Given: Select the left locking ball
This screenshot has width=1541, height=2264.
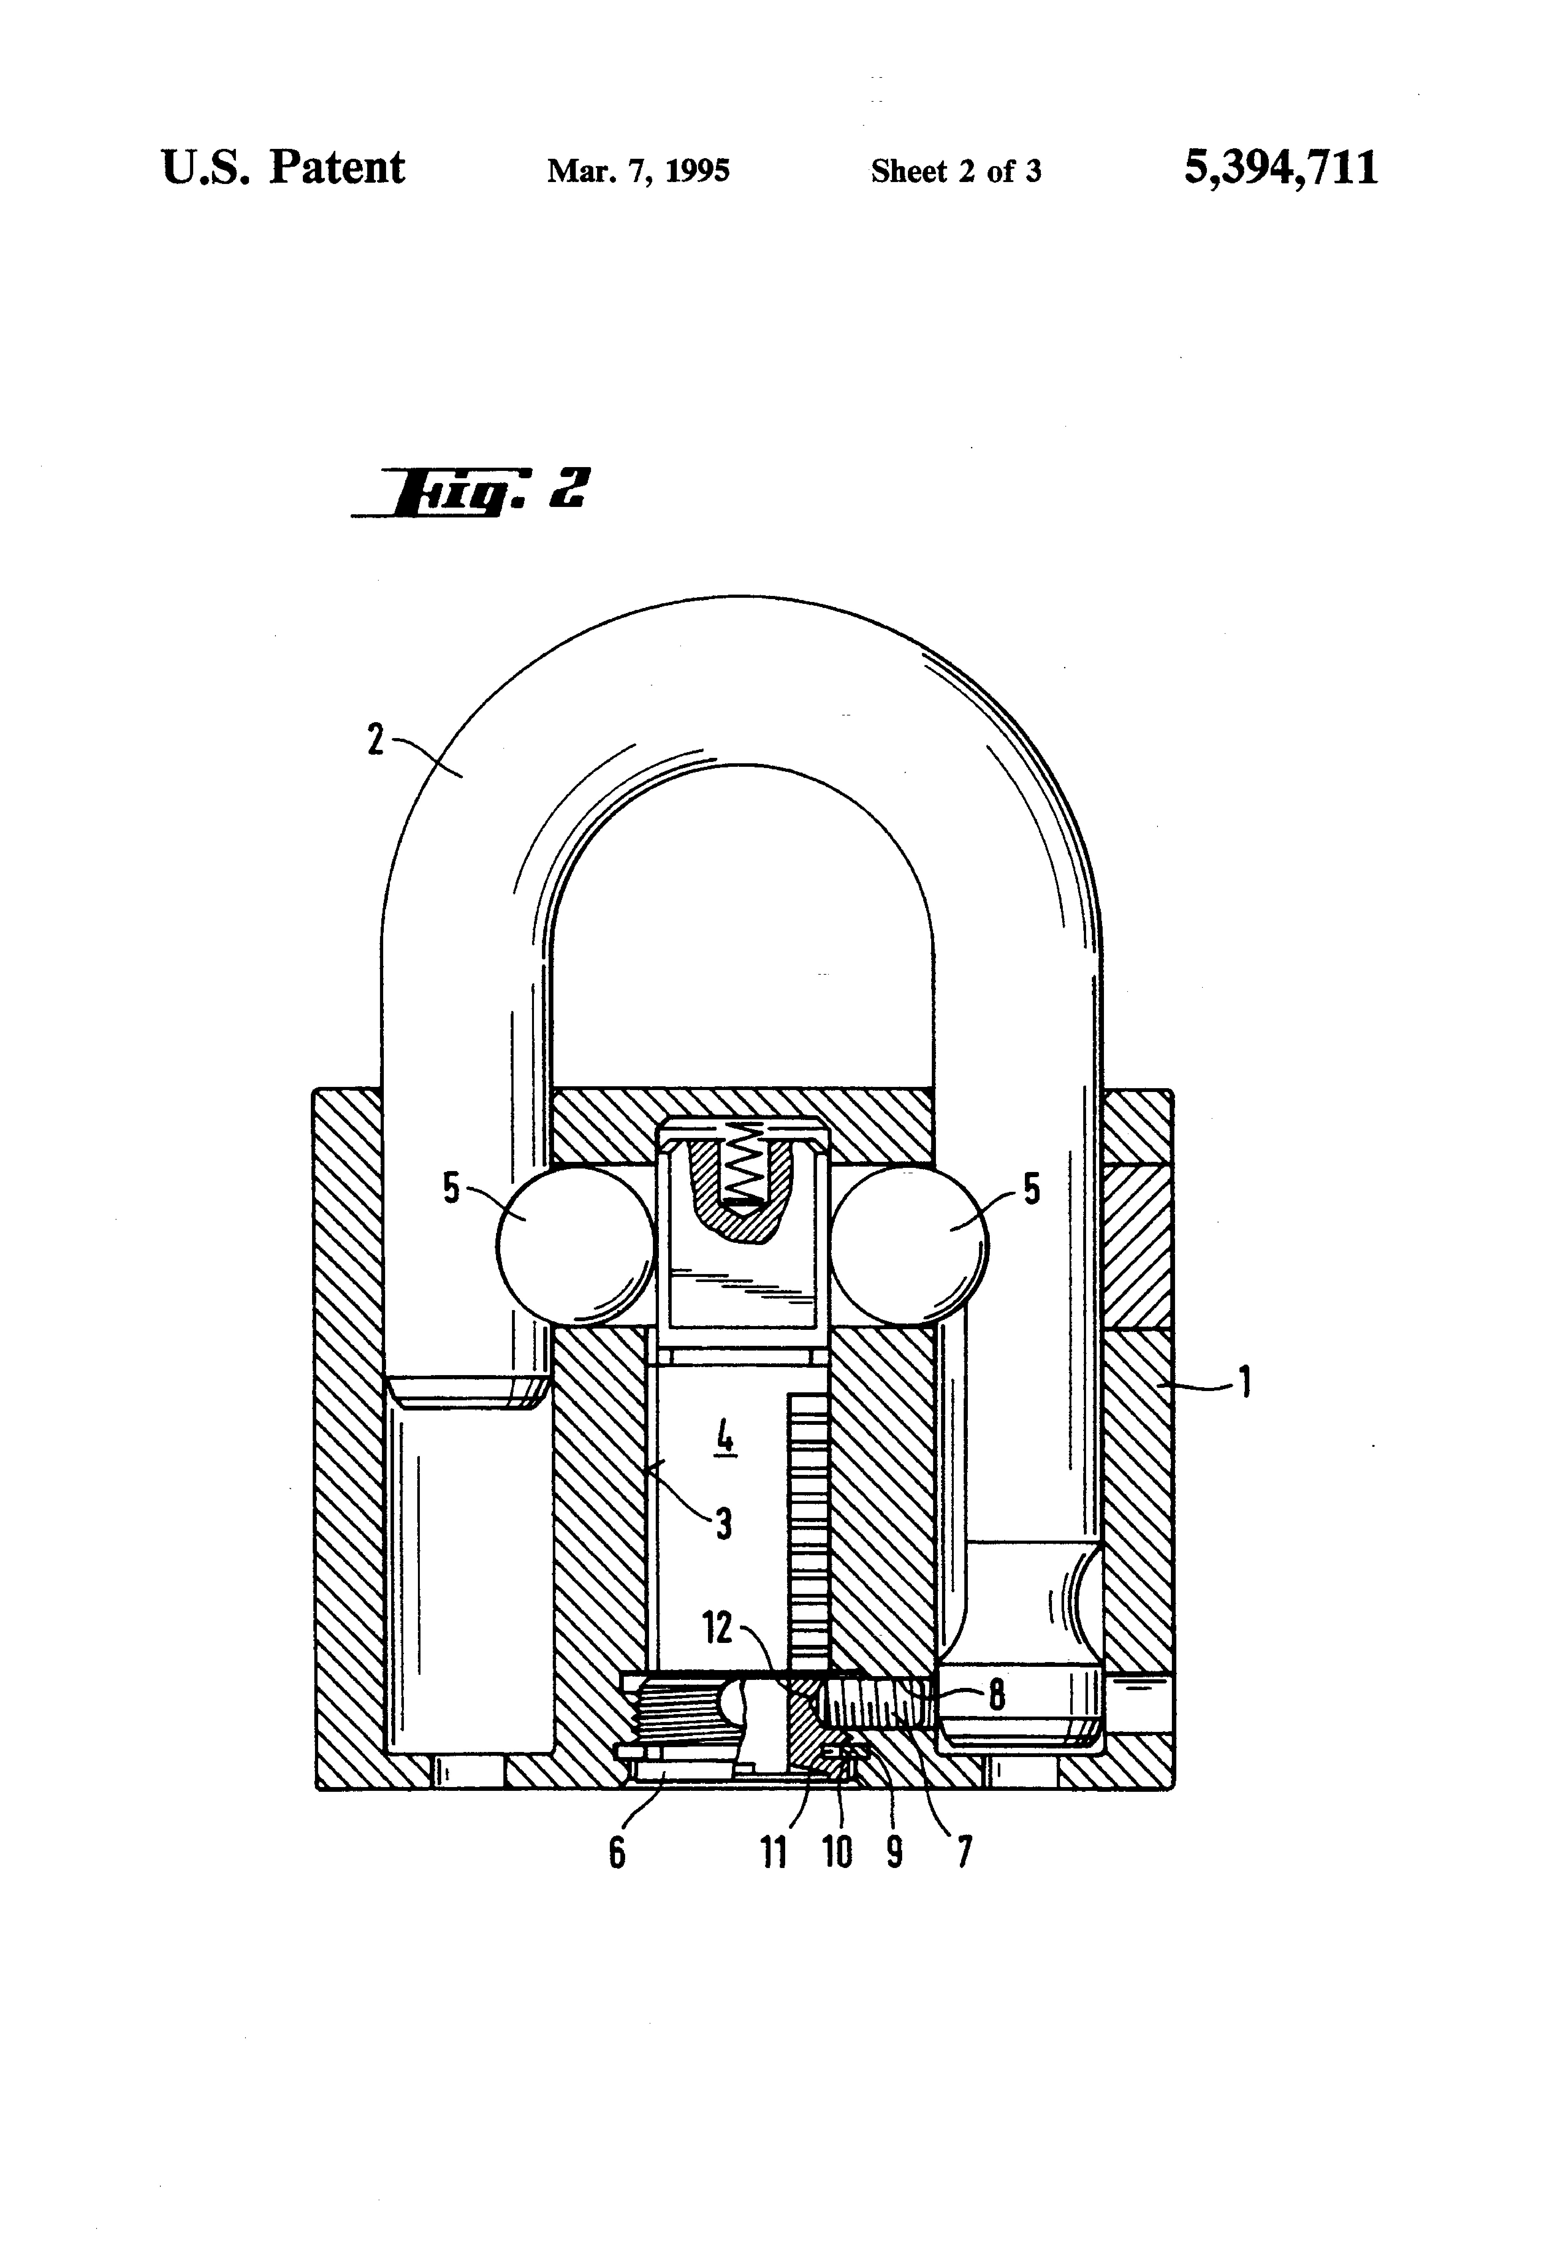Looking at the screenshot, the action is click(576, 1246).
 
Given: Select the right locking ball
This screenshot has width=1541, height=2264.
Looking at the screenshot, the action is click(909, 1246).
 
